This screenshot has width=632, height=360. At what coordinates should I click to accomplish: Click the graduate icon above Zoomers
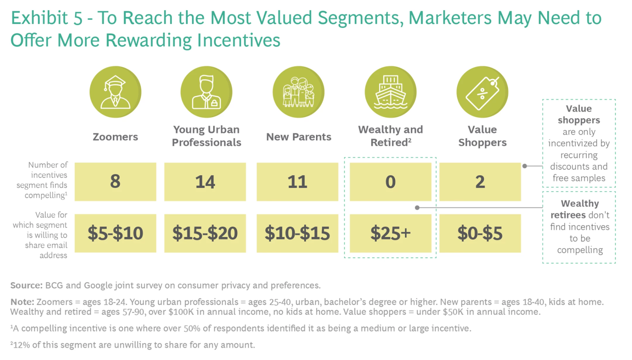[115, 92]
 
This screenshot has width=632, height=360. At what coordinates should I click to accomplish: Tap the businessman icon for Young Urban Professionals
[206, 92]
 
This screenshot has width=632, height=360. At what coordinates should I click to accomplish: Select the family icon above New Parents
[299, 92]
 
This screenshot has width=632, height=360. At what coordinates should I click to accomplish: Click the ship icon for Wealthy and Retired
[390, 92]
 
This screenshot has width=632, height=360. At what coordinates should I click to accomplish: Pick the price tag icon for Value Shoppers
[482, 92]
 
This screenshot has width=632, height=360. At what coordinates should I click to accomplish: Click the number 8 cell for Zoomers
[115, 182]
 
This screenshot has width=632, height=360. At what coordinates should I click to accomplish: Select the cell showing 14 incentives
[205, 182]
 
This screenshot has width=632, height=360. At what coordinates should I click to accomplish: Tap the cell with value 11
[297, 182]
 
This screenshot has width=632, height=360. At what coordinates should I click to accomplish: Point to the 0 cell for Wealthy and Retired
[390, 182]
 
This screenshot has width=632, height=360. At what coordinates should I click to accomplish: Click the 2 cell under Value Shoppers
[480, 182]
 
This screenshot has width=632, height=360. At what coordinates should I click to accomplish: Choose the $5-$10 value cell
[115, 233]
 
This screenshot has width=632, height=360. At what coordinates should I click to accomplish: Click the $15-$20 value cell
[205, 233]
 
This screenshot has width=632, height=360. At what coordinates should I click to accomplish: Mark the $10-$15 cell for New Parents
[297, 233]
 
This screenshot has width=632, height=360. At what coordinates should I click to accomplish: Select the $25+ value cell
[390, 233]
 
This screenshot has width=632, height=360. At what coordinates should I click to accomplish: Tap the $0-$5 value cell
[480, 233]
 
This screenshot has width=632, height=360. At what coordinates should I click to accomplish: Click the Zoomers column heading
[115, 137]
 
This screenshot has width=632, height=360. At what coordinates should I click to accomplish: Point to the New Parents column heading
[299, 137]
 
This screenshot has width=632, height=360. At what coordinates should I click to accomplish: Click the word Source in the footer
[26, 285]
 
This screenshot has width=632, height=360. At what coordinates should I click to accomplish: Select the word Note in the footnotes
[22, 302]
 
